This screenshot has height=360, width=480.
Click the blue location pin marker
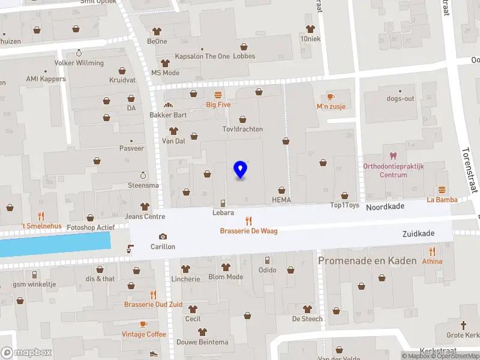point(241,170)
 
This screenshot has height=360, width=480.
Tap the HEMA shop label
point(281,200)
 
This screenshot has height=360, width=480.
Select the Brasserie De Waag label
point(248,231)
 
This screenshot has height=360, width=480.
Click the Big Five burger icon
point(218,94)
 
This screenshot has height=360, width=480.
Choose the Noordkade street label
point(385,206)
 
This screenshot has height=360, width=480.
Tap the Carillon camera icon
point(163,237)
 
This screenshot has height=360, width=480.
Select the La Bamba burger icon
point(442,190)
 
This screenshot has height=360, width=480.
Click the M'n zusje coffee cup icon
point(331,97)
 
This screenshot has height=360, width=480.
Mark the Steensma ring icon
point(143,175)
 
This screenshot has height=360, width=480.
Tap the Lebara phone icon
point(223,203)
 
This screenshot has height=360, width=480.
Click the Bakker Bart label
point(169,115)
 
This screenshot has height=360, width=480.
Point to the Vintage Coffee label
point(144,334)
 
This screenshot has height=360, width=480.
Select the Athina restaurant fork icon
point(432,251)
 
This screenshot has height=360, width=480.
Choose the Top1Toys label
point(345,205)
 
